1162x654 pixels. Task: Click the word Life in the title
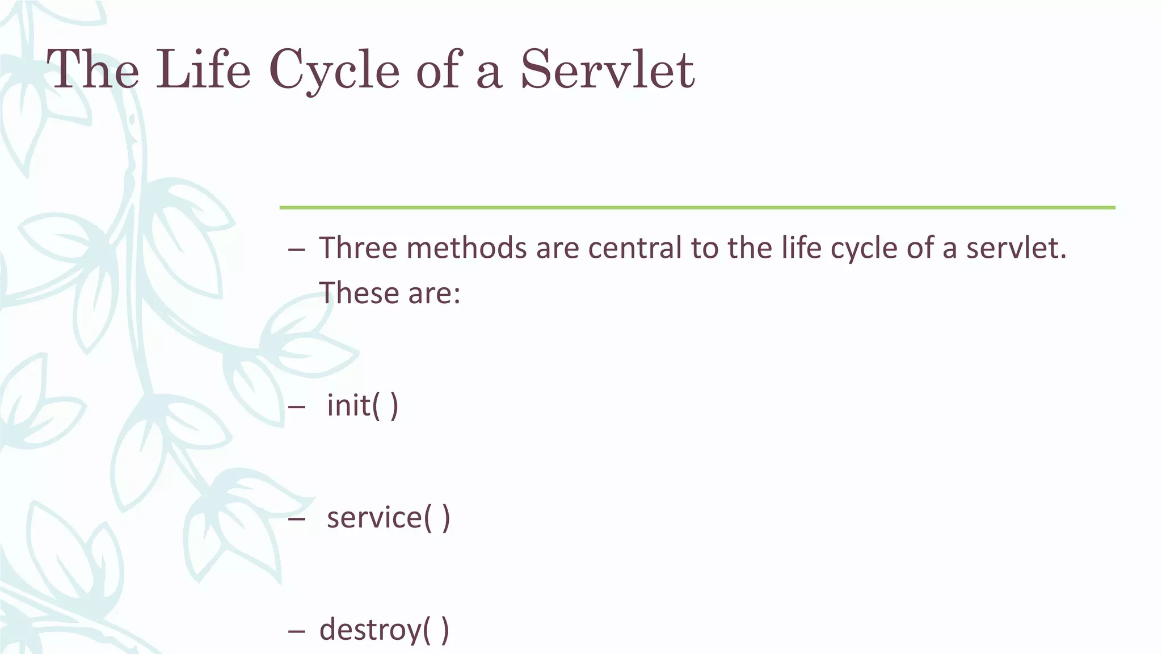point(203,70)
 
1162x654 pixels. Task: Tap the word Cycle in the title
point(334,70)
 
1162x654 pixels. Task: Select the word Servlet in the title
point(607,70)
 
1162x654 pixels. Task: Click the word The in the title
point(93,70)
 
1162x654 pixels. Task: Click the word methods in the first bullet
point(466,248)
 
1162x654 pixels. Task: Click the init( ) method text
point(363,405)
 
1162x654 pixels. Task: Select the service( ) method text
point(389,518)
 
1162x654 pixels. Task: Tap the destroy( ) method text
point(384,630)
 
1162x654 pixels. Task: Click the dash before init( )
point(296,406)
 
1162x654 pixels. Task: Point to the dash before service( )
point(296,519)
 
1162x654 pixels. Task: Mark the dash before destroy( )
point(296,631)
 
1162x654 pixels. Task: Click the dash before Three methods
point(296,249)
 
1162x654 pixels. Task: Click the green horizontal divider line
point(697,208)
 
